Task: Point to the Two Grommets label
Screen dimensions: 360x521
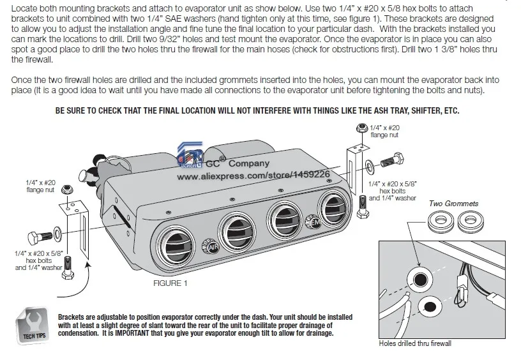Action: pyautogui.click(x=454, y=204)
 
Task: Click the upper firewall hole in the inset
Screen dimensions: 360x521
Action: pyautogui.click(x=421, y=280)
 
